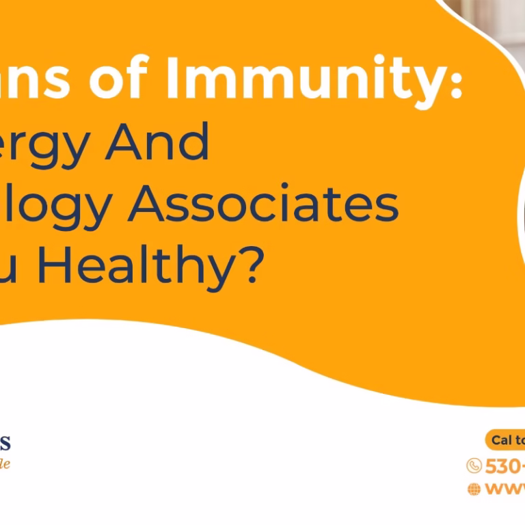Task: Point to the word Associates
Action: click(263, 203)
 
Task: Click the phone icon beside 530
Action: click(474, 466)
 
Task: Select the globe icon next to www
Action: click(474, 489)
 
